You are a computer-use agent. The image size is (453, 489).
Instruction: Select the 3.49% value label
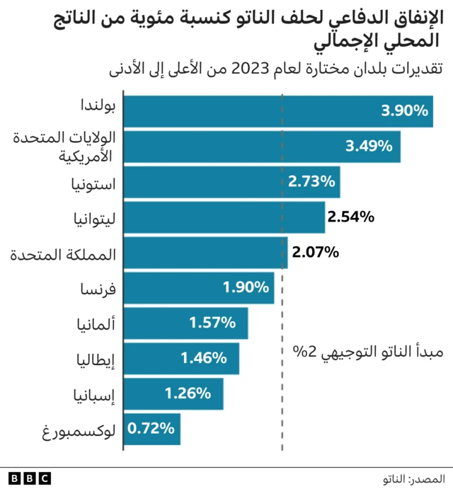coord(368,146)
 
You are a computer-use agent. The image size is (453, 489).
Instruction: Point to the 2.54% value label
coord(350,217)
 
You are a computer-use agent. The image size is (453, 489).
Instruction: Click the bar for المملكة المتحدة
coord(207,252)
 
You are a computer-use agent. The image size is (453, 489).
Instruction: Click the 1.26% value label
coord(188,392)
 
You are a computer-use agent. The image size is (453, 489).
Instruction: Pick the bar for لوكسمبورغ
coord(153,428)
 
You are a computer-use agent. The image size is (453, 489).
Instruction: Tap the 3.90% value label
coord(404,110)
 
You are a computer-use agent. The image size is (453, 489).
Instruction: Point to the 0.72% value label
coord(151,427)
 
